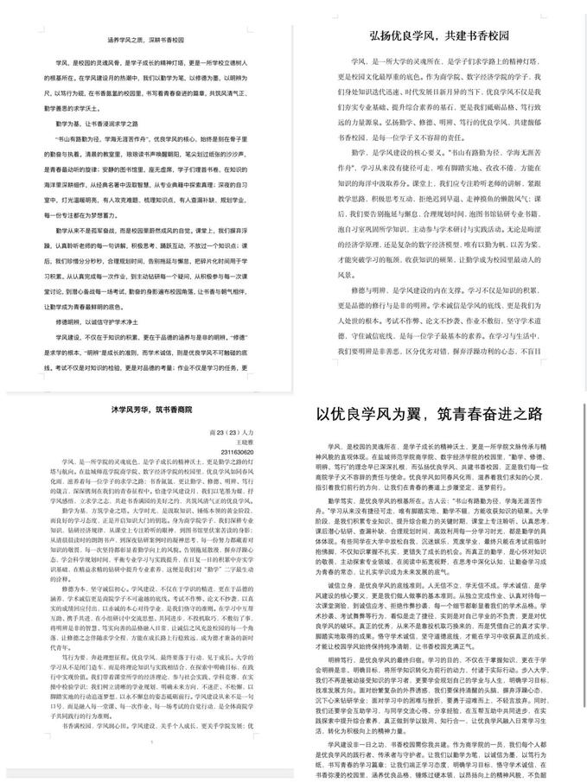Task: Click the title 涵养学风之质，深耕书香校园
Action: click(146, 40)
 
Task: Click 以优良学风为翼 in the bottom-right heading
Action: click(367, 414)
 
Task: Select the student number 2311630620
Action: click(236, 451)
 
